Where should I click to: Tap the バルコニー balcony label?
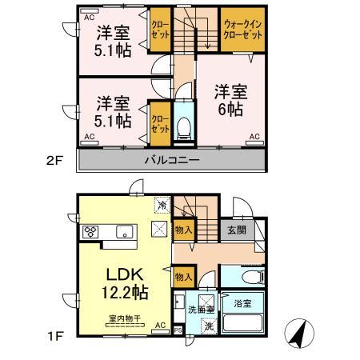pyautogui.click(x=171, y=159)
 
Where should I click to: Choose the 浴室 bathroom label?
pyautogui.click(x=242, y=305)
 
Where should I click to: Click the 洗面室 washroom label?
pyautogui.click(x=200, y=310)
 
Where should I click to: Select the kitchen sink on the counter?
pyautogui.click(x=124, y=232)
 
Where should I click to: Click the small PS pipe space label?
pyautogui.click(x=178, y=329)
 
